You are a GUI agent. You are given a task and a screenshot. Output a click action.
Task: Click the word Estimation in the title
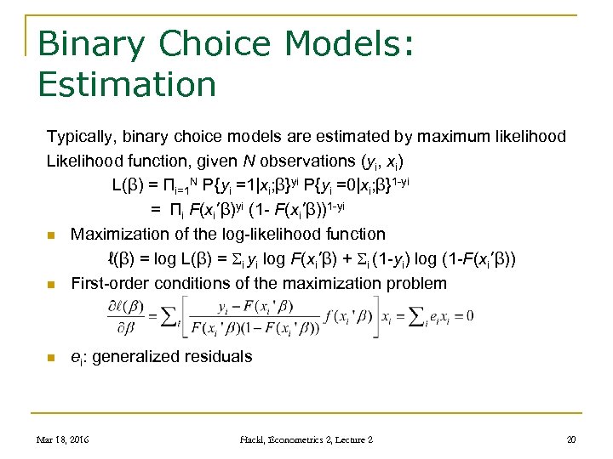(x=128, y=84)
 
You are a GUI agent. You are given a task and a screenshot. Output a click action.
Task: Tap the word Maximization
(x=123, y=234)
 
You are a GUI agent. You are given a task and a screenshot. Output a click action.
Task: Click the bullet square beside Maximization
(x=52, y=235)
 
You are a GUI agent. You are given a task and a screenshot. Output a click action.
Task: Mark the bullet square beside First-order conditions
(x=52, y=285)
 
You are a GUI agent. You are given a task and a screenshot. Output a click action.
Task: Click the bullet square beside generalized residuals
(x=52, y=358)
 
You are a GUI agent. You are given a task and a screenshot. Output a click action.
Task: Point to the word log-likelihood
(x=270, y=234)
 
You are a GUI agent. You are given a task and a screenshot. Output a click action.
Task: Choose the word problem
(x=416, y=283)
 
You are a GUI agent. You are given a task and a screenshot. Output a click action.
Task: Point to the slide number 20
(x=570, y=439)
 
